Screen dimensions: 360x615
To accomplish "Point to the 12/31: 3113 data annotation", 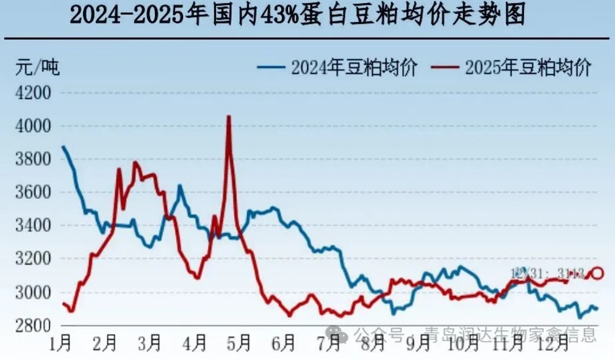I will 547,273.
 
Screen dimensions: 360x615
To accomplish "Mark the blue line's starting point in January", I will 63,146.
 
